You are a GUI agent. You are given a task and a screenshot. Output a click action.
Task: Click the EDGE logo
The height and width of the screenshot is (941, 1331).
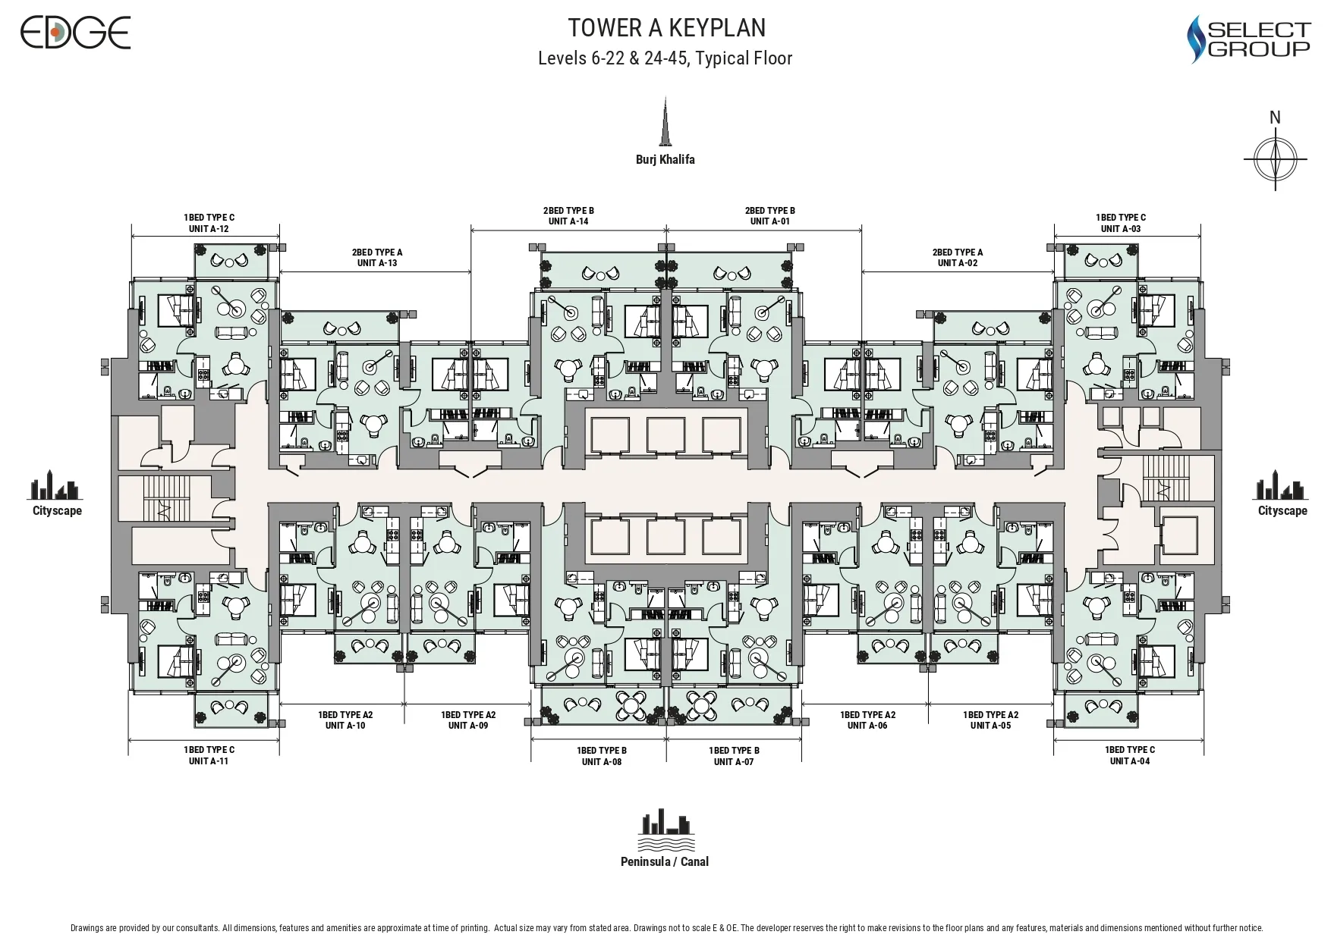pos(75,33)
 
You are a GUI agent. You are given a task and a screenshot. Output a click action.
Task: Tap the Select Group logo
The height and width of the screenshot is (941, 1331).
pos(1248,39)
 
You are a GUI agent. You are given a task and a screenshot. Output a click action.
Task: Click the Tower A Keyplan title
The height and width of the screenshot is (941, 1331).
pos(666,28)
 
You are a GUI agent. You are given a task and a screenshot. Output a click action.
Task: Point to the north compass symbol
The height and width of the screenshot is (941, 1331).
pos(1276,159)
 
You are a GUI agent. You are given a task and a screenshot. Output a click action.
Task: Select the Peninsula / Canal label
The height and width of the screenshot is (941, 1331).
pos(665,861)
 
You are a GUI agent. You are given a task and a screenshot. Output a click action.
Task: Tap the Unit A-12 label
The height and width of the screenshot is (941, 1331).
pos(209,228)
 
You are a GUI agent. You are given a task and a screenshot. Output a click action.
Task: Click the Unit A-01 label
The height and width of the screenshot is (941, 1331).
pos(769,221)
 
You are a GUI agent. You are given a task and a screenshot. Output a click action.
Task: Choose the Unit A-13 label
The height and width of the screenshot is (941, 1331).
pos(377,263)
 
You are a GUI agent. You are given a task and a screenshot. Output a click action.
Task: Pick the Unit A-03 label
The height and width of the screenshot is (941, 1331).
pos(1121,228)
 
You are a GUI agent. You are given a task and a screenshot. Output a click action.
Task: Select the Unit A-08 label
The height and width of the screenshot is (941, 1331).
pos(601,761)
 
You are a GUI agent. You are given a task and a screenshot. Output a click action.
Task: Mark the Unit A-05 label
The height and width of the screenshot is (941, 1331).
pos(990,726)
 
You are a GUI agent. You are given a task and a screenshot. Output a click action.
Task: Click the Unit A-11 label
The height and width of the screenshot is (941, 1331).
pos(209,761)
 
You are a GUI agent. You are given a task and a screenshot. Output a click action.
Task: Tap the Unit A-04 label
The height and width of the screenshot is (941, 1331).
pos(1130,761)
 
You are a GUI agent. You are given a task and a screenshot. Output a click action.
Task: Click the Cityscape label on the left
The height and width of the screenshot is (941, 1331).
pos(57,510)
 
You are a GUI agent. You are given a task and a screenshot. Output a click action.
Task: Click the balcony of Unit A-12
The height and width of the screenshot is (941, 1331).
pos(231,261)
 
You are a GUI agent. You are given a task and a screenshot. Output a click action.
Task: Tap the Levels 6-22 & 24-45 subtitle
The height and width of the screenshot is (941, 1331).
pos(665,58)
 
